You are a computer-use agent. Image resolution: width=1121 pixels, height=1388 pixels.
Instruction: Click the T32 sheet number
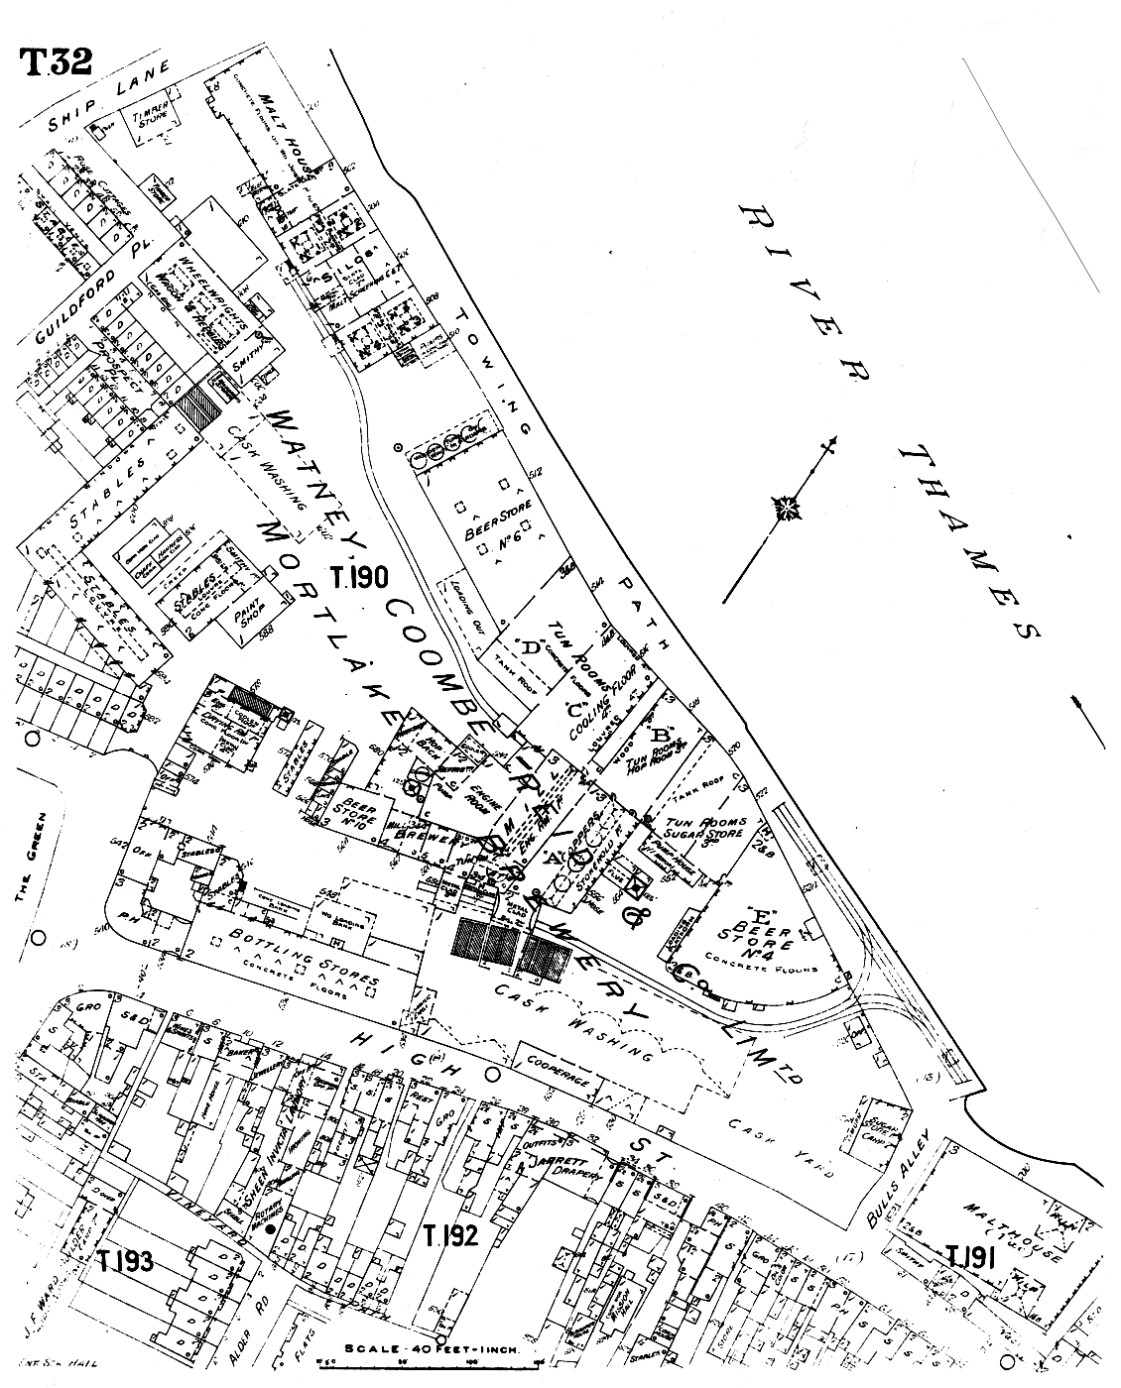(x=56, y=60)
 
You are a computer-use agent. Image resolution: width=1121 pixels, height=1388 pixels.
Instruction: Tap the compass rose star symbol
(x=789, y=510)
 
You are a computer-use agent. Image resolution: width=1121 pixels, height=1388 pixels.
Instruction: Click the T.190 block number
(x=363, y=577)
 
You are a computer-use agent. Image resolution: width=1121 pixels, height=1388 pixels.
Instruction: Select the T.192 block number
(x=450, y=1235)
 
